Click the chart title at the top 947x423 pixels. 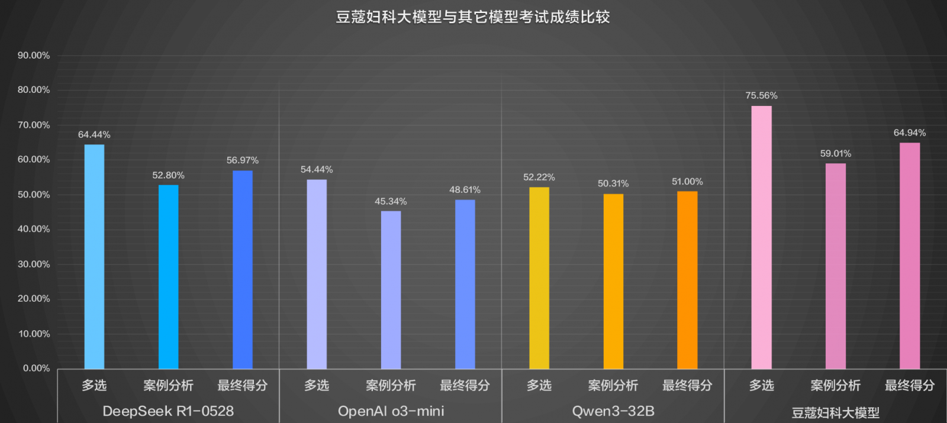pos(472,17)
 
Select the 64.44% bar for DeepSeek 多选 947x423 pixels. pos(94,257)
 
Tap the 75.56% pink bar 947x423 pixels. pos(761,237)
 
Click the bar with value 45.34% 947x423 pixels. pos(391,290)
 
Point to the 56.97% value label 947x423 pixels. pos(242,160)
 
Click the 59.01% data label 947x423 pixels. pos(835,154)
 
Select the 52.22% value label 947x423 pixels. pos(539,177)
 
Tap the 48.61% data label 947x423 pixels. pos(465,190)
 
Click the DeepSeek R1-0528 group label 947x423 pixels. pos(168,411)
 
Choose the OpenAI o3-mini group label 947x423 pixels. pos(391,411)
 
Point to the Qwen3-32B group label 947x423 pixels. pos(613,411)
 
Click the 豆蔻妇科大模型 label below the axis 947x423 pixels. pos(835,412)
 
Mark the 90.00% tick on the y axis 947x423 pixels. pos(34,56)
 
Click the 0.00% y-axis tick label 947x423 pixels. pos(36,369)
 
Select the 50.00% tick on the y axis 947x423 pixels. pos(34,195)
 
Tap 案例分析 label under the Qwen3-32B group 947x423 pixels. pos(613,386)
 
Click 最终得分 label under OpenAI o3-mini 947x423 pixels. pos(465,386)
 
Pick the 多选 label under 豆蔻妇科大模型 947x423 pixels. pos(761,386)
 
